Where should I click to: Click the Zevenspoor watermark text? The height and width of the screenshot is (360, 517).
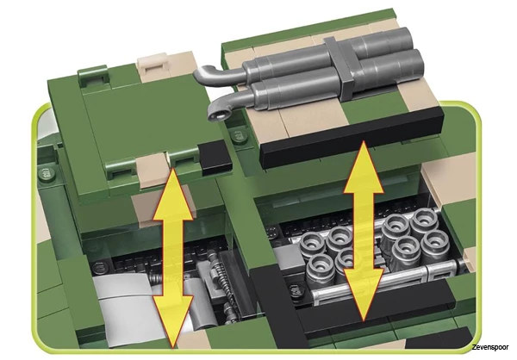point(489,347)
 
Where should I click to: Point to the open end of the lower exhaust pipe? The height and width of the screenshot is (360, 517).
point(219,115)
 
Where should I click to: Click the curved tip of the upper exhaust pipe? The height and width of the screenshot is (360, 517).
point(201,74)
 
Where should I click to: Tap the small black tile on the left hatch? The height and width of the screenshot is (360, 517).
point(215,158)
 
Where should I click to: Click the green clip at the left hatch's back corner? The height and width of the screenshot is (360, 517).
point(94,78)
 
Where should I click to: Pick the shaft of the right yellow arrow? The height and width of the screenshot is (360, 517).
point(363,231)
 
